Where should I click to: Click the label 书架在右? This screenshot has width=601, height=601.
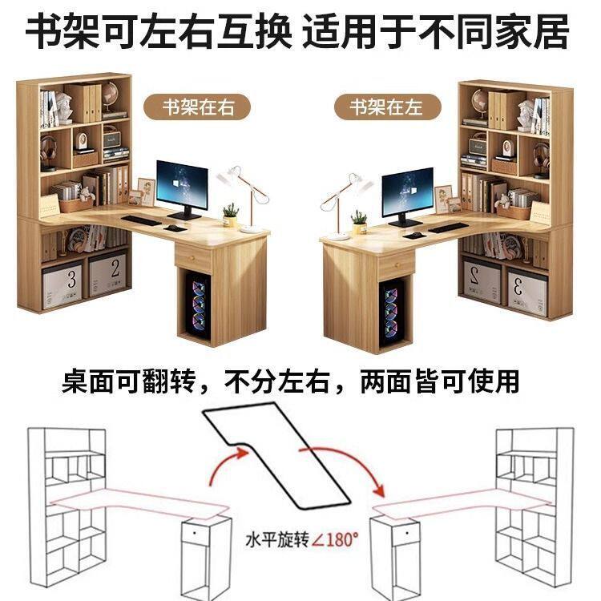[196, 107]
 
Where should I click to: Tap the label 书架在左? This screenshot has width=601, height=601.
[385, 106]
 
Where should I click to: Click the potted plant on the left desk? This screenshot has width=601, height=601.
[231, 214]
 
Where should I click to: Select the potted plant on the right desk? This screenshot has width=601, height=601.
[359, 222]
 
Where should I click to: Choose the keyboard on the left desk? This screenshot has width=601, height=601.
[141, 220]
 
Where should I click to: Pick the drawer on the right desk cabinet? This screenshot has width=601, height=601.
[392, 266]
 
